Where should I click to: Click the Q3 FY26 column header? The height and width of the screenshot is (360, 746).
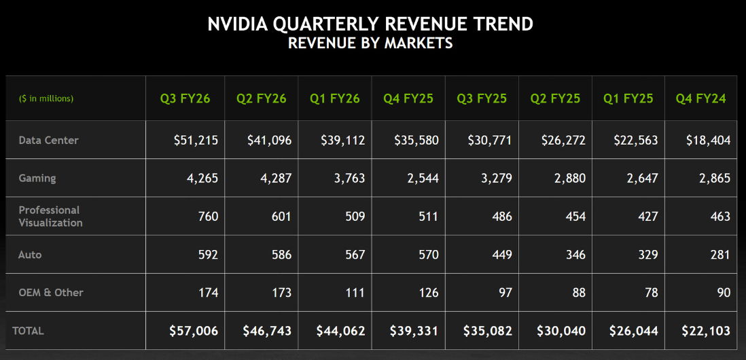[185, 98]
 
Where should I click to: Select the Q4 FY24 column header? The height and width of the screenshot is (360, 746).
[700, 98]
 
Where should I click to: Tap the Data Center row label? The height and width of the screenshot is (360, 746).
[48, 140]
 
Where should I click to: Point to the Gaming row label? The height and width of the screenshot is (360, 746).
[37, 178]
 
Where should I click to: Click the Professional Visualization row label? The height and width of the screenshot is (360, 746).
[50, 216]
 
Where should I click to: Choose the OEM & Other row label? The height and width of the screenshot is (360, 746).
[50, 292]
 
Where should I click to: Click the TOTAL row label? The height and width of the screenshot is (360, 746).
[28, 331]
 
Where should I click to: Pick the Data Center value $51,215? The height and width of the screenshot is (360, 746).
[196, 141]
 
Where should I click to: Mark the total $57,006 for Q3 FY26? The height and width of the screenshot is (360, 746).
[194, 331]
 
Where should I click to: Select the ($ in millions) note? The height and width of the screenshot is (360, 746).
[46, 98]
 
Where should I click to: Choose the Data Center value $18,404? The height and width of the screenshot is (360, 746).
[708, 141]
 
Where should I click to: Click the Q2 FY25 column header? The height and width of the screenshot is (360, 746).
[555, 98]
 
